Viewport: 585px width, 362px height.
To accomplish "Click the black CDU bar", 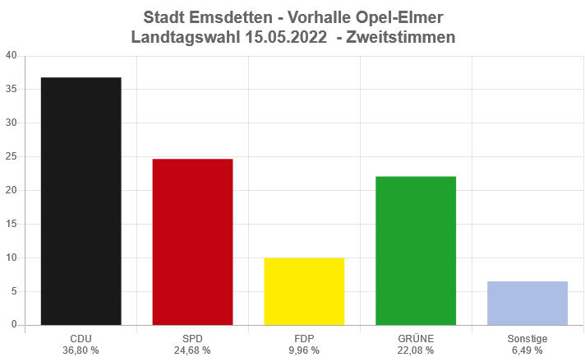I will tap(81, 201).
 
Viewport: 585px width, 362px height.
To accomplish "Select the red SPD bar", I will tap(192, 242).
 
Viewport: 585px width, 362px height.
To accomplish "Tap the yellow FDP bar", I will tap(304, 291).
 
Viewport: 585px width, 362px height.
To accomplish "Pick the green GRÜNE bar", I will tap(416, 250).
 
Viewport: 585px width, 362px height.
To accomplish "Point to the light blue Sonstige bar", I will tap(527, 303).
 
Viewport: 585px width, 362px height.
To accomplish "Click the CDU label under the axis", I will tap(81, 338).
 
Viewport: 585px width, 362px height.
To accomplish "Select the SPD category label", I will tap(192, 338).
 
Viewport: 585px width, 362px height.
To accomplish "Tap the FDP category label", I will tap(304, 338).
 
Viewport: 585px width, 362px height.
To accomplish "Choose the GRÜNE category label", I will tap(416, 338).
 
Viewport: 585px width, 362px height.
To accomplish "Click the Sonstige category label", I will tap(527, 338).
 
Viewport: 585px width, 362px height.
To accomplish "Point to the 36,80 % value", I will tap(81, 350).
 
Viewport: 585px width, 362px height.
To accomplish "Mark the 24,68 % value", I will tap(192, 350).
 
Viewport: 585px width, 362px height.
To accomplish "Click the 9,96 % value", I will tap(304, 350).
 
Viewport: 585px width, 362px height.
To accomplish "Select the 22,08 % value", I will tap(416, 350).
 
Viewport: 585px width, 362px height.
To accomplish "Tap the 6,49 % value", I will tap(527, 350).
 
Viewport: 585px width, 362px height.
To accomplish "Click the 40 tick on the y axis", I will tap(11, 56).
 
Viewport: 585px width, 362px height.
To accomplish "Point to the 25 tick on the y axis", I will tap(11, 156).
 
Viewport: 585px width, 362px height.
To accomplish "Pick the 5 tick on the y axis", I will tap(14, 291).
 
